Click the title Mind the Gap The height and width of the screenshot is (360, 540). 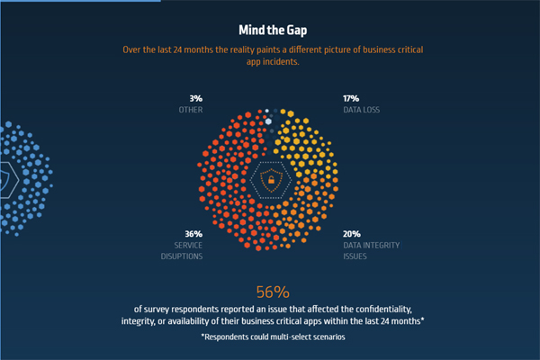(x=269, y=29)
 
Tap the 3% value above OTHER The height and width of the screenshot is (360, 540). (x=195, y=98)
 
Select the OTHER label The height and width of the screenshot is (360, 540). (x=190, y=110)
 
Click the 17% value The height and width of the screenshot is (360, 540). (x=351, y=98)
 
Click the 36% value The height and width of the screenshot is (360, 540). (x=180, y=233)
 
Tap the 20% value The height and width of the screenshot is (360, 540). (x=352, y=233)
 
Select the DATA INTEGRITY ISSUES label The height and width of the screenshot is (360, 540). (x=371, y=250)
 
